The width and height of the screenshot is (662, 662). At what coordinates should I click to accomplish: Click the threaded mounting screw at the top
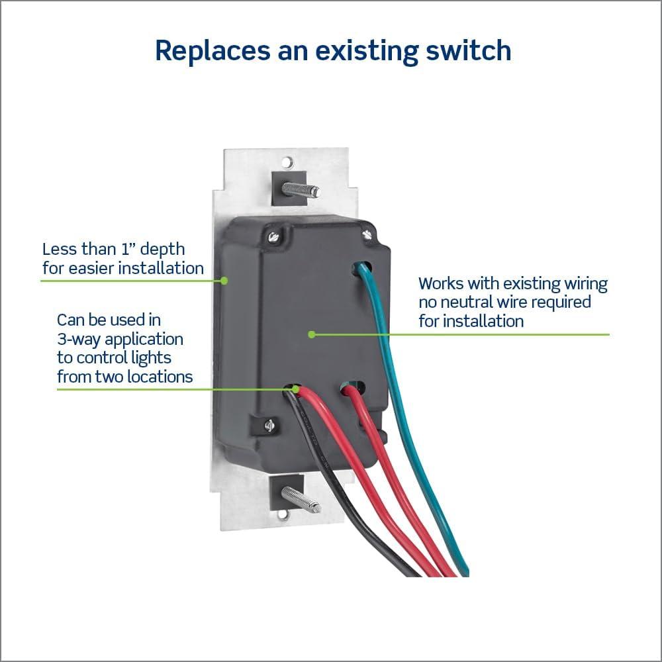coord(299,189)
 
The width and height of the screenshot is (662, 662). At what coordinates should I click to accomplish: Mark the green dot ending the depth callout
coord(224,281)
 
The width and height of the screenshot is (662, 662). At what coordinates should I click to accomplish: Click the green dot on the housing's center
coord(311,334)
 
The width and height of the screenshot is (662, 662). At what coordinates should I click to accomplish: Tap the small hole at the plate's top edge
coord(286,161)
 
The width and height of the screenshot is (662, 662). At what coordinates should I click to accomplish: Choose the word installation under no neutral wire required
coord(483,322)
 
